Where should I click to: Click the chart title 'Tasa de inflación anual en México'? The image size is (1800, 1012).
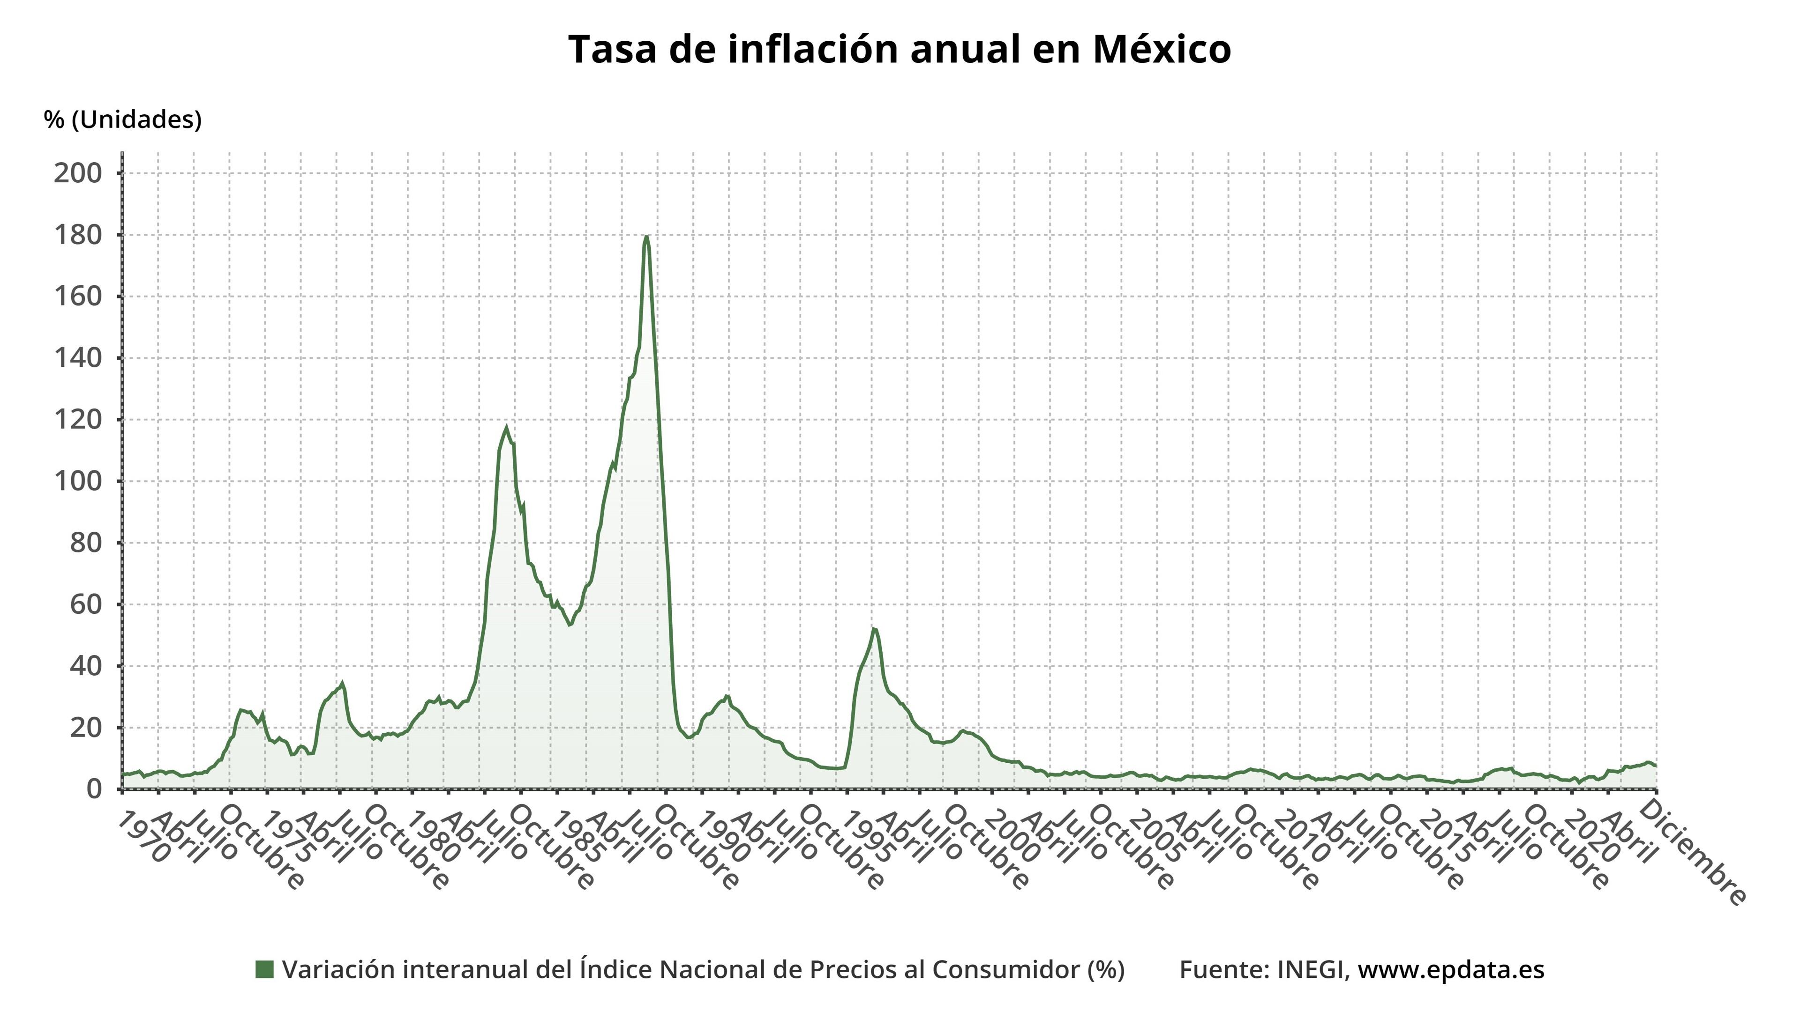click(900, 50)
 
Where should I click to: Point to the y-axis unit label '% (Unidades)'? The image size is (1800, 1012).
click(122, 119)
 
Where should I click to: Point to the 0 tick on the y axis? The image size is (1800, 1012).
click(94, 789)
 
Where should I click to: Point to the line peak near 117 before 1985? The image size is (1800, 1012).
click(507, 427)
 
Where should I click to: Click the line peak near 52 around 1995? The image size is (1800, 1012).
click(873, 629)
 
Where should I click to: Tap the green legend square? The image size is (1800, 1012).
click(264, 969)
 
